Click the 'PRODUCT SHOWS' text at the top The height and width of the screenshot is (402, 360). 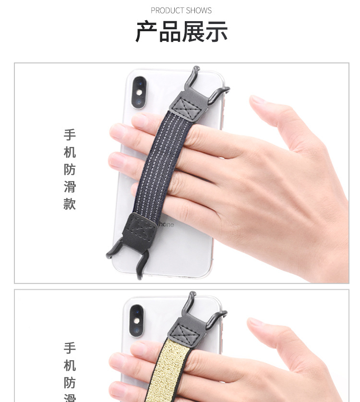(x=181, y=10)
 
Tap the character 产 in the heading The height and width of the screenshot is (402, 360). (x=147, y=32)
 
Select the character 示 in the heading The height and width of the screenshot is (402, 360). (x=216, y=32)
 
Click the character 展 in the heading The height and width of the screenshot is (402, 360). (x=193, y=32)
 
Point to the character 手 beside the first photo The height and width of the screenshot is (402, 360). (x=70, y=134)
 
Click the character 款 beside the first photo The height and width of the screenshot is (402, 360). (x=70, y=204)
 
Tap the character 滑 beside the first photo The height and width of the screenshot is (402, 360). (x=70, y=186)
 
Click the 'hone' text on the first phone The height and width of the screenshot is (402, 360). (x=166, y=224)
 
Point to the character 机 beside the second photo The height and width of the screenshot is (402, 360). (x=70, y=366)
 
